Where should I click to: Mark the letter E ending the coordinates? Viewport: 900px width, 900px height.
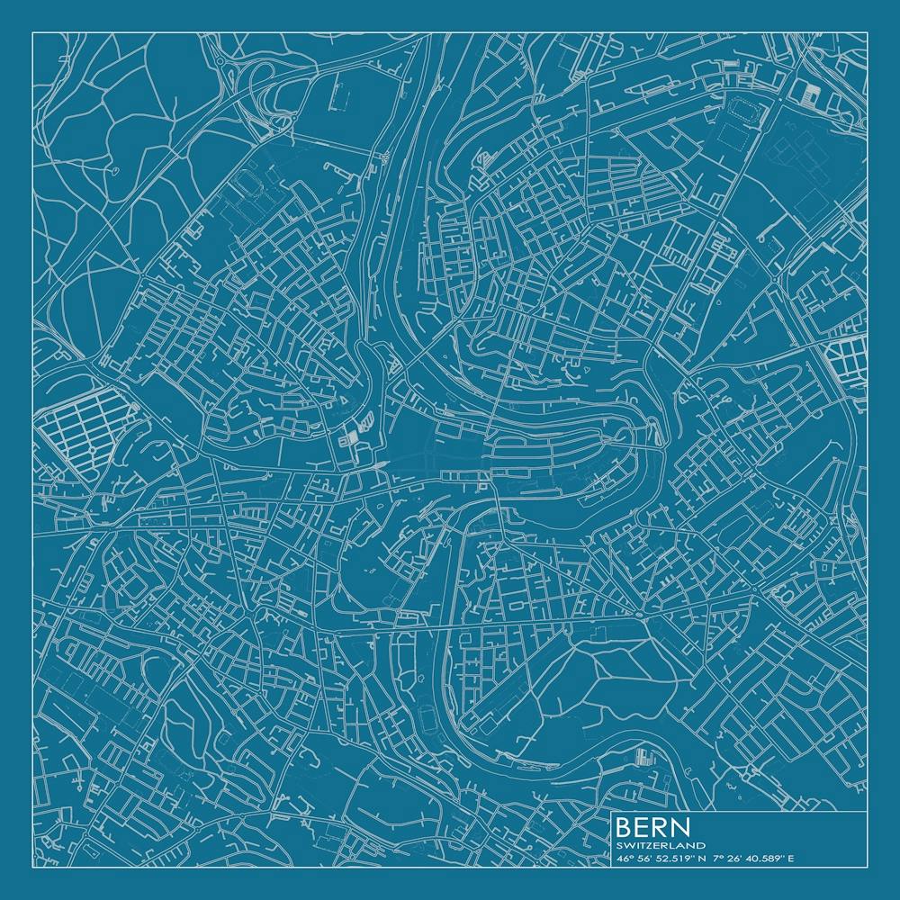pyautogui.click(x=792, y=859)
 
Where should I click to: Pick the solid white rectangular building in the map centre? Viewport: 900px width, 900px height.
pyautogui.click(x=354, y=437)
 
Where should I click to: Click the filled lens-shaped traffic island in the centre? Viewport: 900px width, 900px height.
pyautogui.click(x=381, y=464)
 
